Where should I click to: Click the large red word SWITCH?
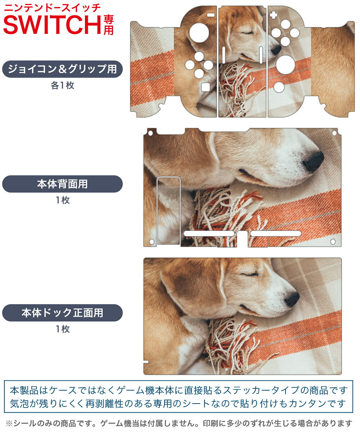(x=52, y=24)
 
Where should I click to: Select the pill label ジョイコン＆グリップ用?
(x=62, y=69)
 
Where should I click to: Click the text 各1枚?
(x=62, y=86)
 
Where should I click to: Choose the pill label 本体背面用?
(x=62, y=184)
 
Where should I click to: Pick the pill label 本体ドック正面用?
(x=62, y=313)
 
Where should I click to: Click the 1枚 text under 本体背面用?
(x=62, y=201)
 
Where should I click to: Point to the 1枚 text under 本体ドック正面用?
(x=62, y=329)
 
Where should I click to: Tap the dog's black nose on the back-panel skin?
(x=313, y=161)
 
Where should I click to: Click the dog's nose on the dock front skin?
(x=292, y=299)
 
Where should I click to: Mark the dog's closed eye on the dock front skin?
(x=249, y=275)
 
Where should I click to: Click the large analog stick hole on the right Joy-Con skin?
(x=285, y=65)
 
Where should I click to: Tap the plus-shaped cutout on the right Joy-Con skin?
(x=274, y=15)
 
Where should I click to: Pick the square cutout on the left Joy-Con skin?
(x=205, y=87)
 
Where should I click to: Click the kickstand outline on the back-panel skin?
(x=168, y=211)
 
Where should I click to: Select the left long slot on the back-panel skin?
(x=209, y=234)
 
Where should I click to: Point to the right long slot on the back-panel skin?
(x=276, y=234)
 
